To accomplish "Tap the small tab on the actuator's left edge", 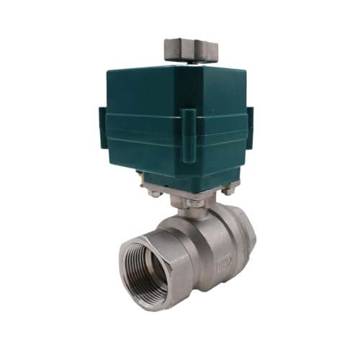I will pyautogui.click(x=102, y=127).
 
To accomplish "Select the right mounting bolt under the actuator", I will pyautogui.click(x=229, y=189).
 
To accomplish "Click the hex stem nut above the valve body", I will pyautogui.click(x=190, y=202).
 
